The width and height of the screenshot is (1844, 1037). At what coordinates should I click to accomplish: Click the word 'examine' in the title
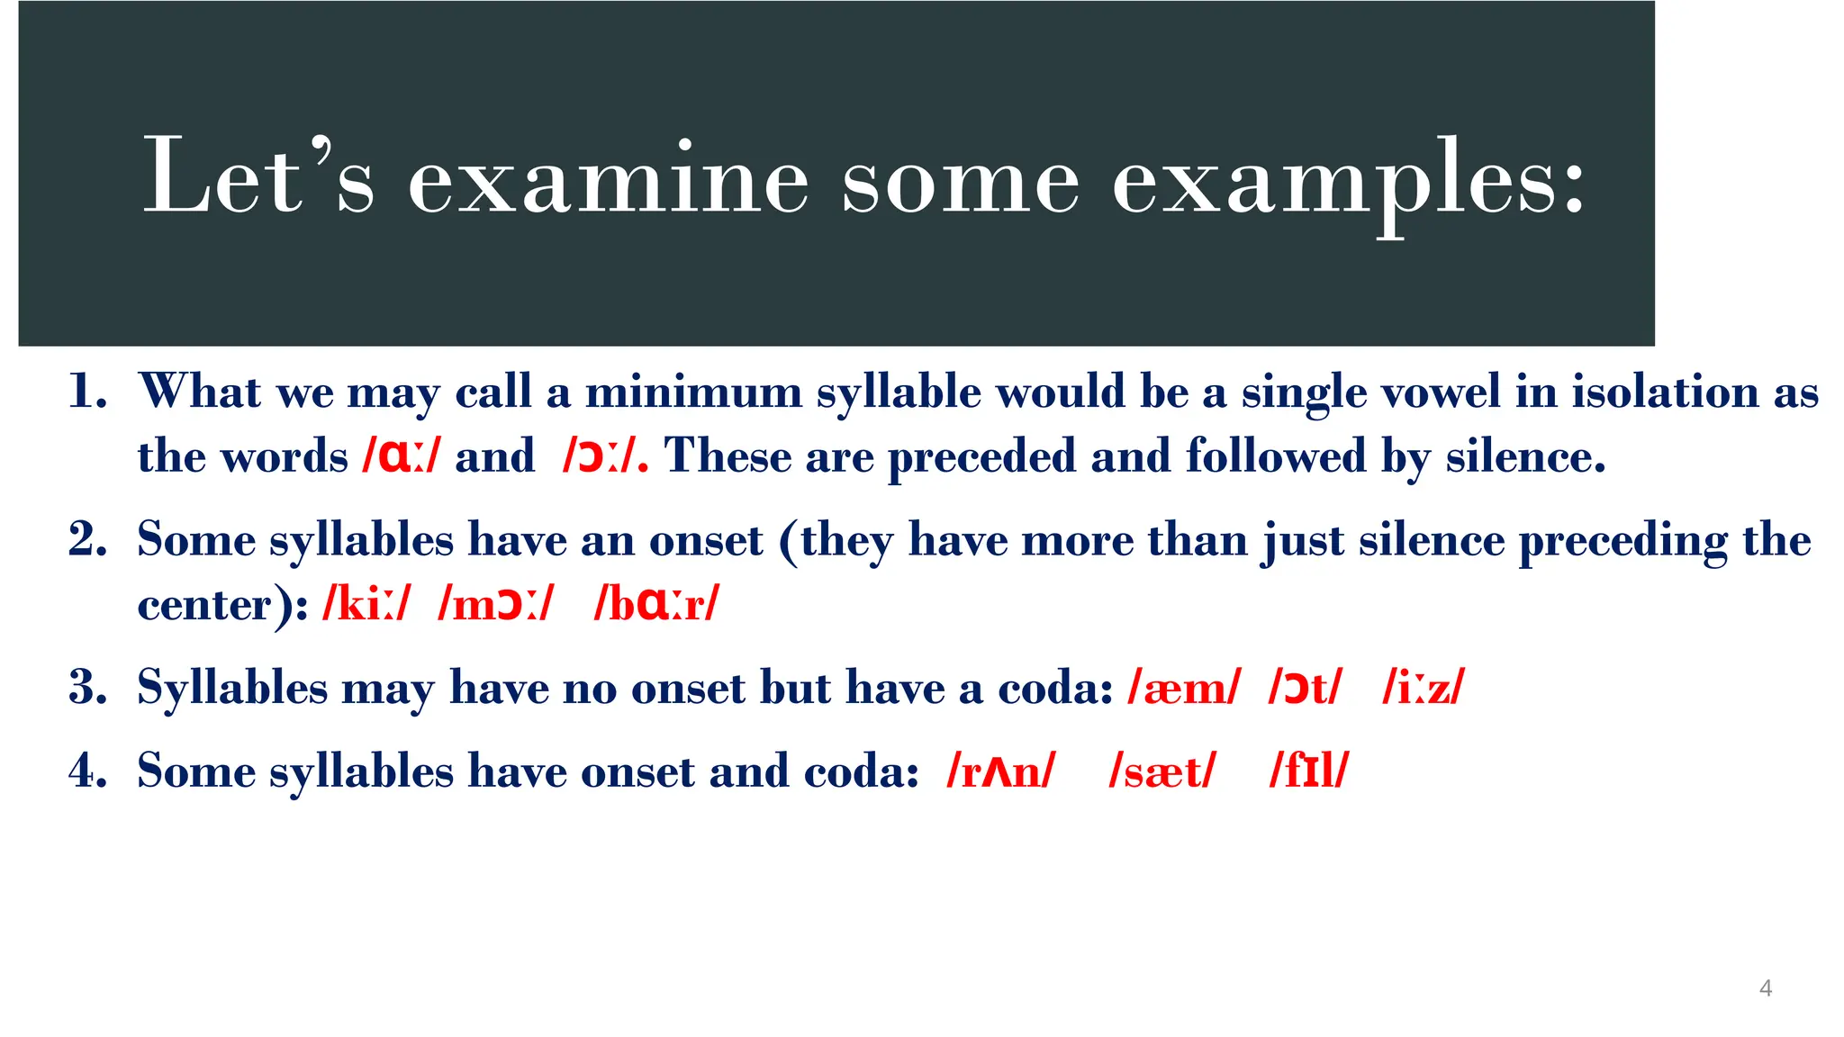pos(609,179)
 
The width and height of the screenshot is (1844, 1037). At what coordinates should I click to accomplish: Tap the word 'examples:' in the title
pos(1348,179)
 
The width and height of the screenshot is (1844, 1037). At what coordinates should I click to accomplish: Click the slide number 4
pos(1765,987)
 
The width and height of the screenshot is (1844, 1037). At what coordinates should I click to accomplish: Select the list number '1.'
pos(88,392)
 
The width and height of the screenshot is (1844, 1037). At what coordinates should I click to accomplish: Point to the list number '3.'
pos(88,688)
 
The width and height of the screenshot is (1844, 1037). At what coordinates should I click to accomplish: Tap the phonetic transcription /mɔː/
pos(495,604)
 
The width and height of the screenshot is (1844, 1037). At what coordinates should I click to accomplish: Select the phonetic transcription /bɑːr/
pos(656,604)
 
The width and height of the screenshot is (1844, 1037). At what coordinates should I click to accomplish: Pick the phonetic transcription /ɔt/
pos(1305,689)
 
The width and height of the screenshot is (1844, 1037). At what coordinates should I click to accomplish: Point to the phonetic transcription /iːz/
pos(1424,689)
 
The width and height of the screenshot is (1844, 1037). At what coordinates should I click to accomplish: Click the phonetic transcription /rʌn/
pos(999,771)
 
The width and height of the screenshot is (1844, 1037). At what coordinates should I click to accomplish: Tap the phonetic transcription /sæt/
pos(1162,771)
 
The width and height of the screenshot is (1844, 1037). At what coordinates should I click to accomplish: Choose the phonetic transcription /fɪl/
pos(1308,771)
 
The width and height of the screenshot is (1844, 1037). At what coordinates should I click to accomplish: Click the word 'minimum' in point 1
pos(693,392)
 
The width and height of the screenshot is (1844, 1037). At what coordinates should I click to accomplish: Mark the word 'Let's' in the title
pos(258,179)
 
